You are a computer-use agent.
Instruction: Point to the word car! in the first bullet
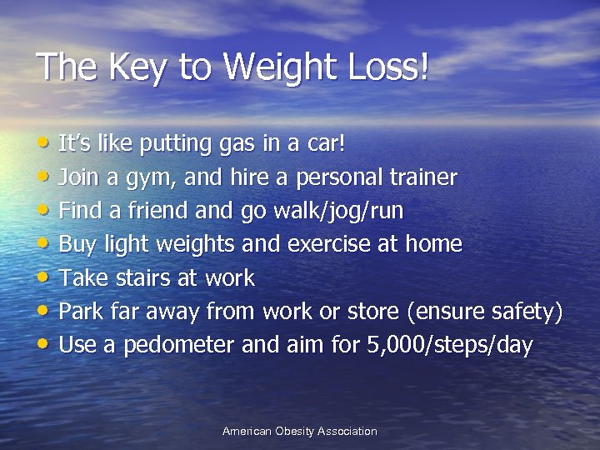324,144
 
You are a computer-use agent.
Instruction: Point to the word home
433,244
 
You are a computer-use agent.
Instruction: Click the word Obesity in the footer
300,431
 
